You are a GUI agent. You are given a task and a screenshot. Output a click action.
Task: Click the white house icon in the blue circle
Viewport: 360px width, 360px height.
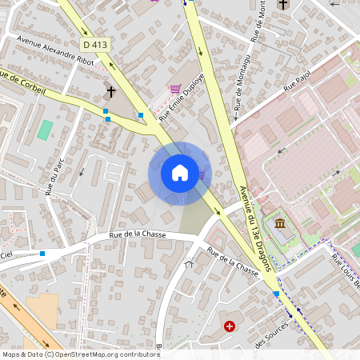coord(179,173)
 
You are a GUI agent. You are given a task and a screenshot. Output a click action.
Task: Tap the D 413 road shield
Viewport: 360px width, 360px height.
coord(94,45)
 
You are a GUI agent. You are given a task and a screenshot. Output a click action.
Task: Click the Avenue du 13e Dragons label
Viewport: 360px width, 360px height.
coord(258,229)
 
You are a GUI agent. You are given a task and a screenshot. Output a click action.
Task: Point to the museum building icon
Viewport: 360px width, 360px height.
coord(281,223)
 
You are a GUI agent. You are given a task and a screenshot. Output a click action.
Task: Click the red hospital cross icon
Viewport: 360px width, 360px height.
coord(230,326)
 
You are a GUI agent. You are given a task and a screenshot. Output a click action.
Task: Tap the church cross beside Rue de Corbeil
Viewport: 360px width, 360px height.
coord(113,90)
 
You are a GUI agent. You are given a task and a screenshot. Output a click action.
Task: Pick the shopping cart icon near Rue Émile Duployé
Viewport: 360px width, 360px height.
coord(174,89)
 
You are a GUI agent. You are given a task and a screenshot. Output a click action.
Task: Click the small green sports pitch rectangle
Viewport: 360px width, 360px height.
coord(45,130)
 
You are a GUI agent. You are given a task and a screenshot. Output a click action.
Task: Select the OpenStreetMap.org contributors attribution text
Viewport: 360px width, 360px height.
coord(104,354)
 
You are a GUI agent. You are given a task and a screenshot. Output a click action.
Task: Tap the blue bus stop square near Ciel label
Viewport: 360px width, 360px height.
coord(42,254)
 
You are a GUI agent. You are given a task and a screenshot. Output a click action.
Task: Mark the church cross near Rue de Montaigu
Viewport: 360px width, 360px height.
coord(282,5)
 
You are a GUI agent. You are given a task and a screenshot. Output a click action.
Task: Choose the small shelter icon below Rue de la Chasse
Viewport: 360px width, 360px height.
coord(190,262)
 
